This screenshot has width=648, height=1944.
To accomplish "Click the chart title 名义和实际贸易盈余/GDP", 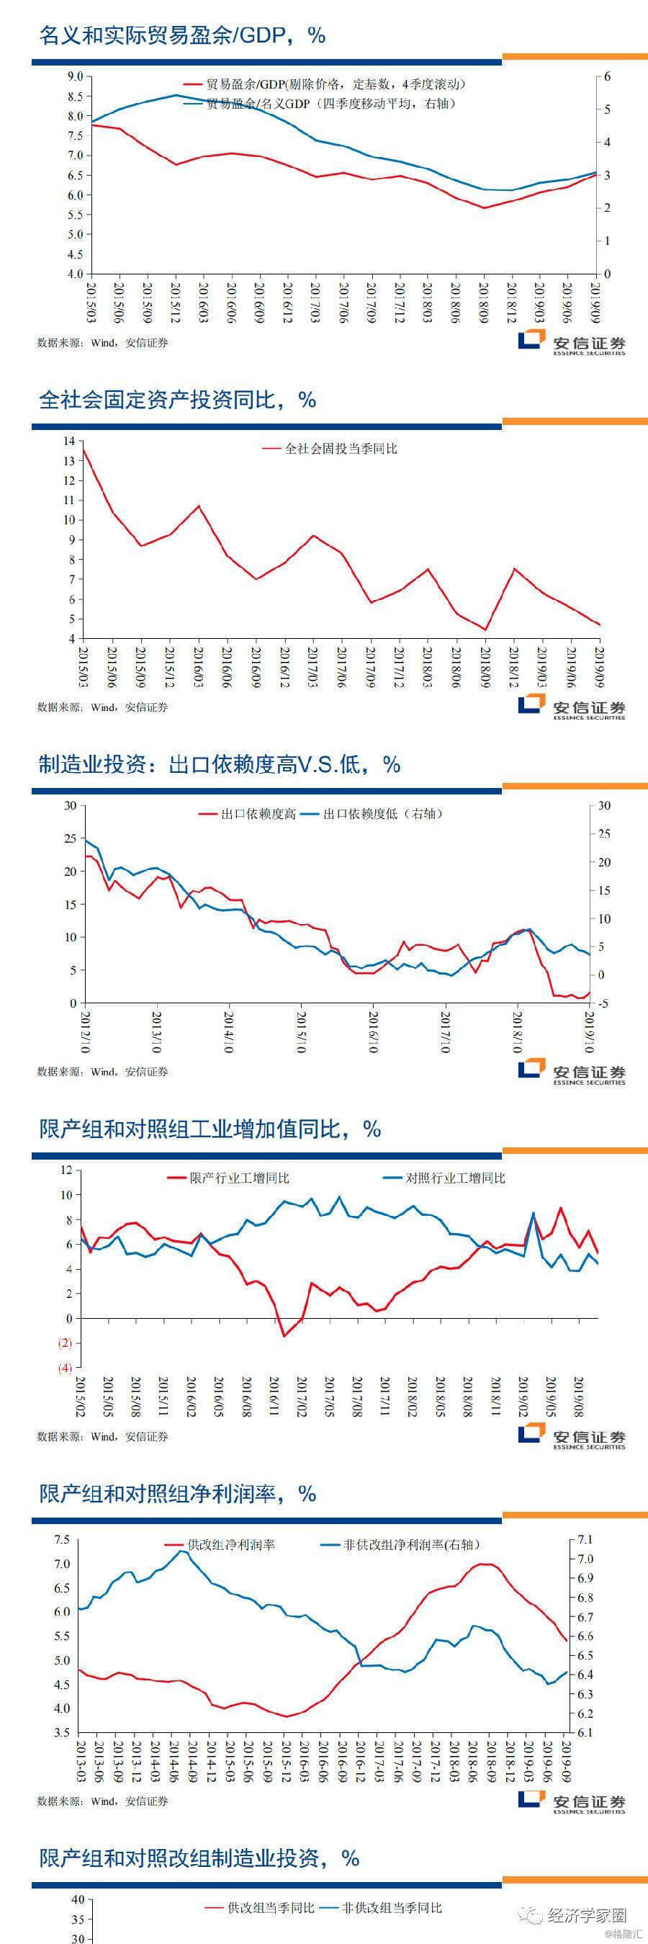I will click(181, 35).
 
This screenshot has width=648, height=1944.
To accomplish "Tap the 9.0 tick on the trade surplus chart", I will click(75, 76).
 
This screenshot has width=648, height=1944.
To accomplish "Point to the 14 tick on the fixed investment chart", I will click(69, 441).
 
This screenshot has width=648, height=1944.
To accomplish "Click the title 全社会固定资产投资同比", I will click(177, 400).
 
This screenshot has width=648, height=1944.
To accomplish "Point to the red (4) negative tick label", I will click(66, 1368).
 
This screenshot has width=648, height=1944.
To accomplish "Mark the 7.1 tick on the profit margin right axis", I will click(585, 1538).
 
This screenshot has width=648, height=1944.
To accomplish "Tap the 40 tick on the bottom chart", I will click(77, 1899).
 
